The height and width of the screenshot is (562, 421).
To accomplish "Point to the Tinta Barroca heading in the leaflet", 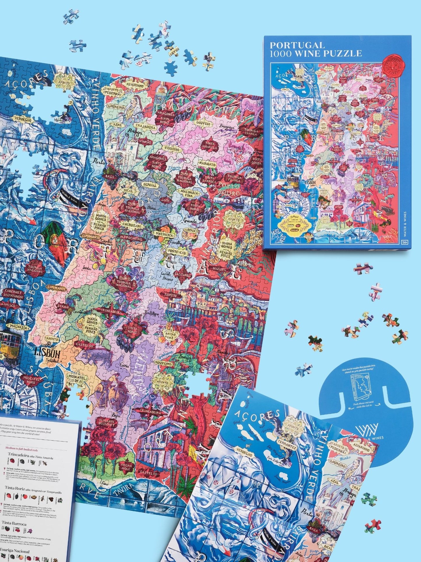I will (14, 507).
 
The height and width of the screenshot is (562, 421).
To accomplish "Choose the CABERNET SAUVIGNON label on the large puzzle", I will (12, 294).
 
